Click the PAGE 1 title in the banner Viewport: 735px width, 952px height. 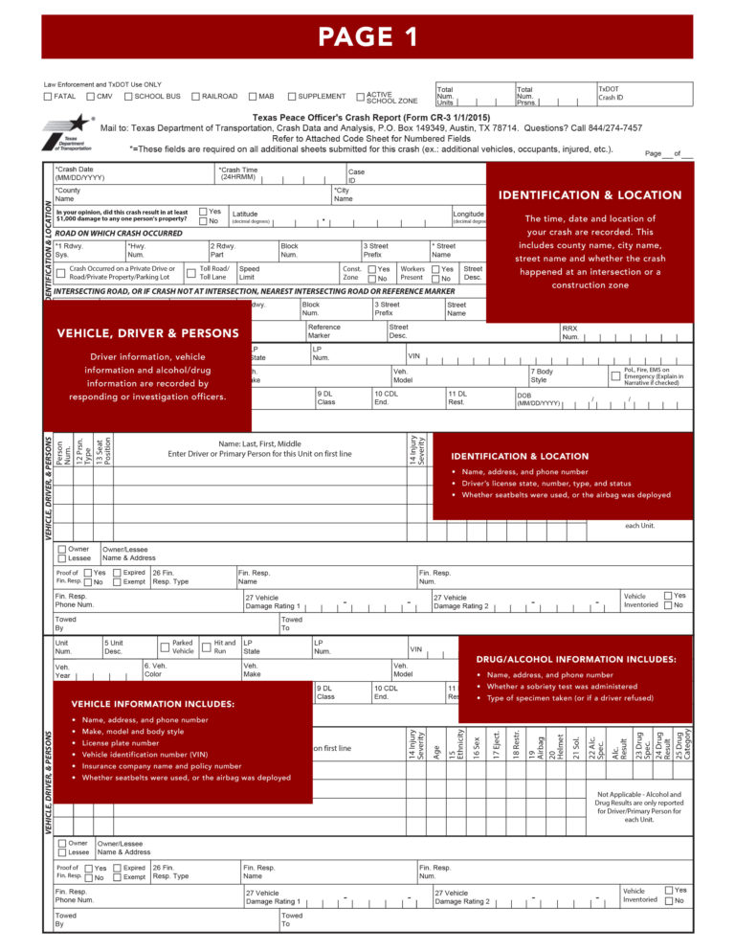click(x=367, y=37)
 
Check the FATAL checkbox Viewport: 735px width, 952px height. click(x=49, y=97)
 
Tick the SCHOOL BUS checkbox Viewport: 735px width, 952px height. click(x=129, y=97)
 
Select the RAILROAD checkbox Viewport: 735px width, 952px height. click(x=196, y=97)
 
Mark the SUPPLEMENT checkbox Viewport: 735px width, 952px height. click(x=292, y=97)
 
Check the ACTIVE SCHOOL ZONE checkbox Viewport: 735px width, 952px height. click(x=361, y=97)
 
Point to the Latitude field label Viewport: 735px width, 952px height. click(x=245, y=214)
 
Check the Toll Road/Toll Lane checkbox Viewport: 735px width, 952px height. click(x=190, y=273)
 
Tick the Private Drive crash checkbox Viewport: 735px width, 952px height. click(x=60, y=274)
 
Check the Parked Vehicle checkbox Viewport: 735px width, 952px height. click(x=165, y=648)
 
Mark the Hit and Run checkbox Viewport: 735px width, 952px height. click(x=207, y=648)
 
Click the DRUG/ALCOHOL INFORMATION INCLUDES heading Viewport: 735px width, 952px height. click(x=575, y=659)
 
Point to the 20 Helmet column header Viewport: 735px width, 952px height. click(x=556, y=745)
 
